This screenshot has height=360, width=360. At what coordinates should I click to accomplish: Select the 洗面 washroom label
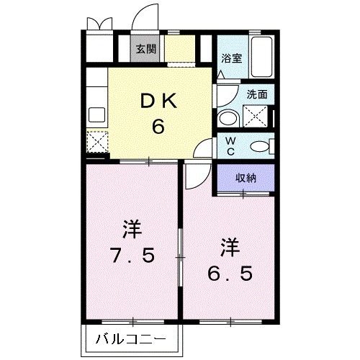[257, 94]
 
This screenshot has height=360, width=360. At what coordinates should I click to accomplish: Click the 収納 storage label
[245, 178]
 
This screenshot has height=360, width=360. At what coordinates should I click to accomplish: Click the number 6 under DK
[158, 127]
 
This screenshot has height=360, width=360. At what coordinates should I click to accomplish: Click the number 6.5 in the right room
[230, 274]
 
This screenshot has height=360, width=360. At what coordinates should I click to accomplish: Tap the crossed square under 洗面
[255, 115]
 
